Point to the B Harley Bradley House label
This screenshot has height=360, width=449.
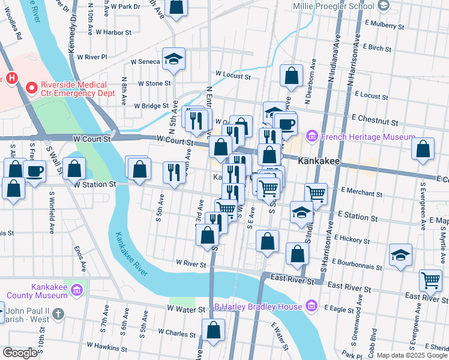[x=258, y=307]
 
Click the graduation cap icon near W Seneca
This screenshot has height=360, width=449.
[x=173, y=59]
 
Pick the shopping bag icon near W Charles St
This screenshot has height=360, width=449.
[x=213, y=329]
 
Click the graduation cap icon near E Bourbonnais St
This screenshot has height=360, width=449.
[x=400, y=255]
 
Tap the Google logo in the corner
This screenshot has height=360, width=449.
[x=20, y=353]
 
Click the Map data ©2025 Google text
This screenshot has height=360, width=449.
[x=412, y=355]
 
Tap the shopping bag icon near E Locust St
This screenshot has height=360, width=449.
[x=291, y=76]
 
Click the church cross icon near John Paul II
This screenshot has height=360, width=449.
[x=58, y=314]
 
